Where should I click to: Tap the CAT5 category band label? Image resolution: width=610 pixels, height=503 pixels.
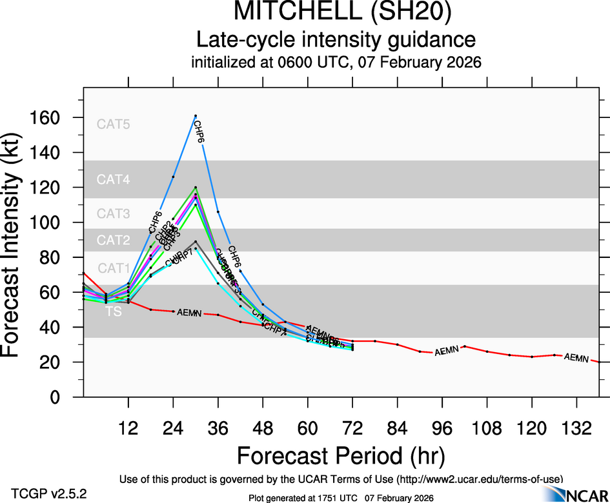coord(114,124)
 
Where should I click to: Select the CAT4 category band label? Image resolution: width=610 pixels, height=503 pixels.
coord(114,180)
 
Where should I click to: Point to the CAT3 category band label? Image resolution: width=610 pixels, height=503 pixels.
coord(114,213)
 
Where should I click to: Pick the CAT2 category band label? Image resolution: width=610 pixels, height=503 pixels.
coord(114,241)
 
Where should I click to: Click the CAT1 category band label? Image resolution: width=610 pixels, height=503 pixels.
coord(114,268)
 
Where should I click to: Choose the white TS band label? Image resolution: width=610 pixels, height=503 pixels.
coord(113,311)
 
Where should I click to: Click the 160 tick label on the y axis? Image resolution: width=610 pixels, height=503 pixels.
coord(49,118)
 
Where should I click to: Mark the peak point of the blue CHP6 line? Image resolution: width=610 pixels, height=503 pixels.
coord(196,116)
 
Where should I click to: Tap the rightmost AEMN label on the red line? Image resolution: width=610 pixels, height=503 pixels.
coord(576,357)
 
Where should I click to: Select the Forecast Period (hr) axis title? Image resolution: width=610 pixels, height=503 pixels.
coord(341,456)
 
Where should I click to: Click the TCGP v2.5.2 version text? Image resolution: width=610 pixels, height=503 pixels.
coord(49,493)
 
